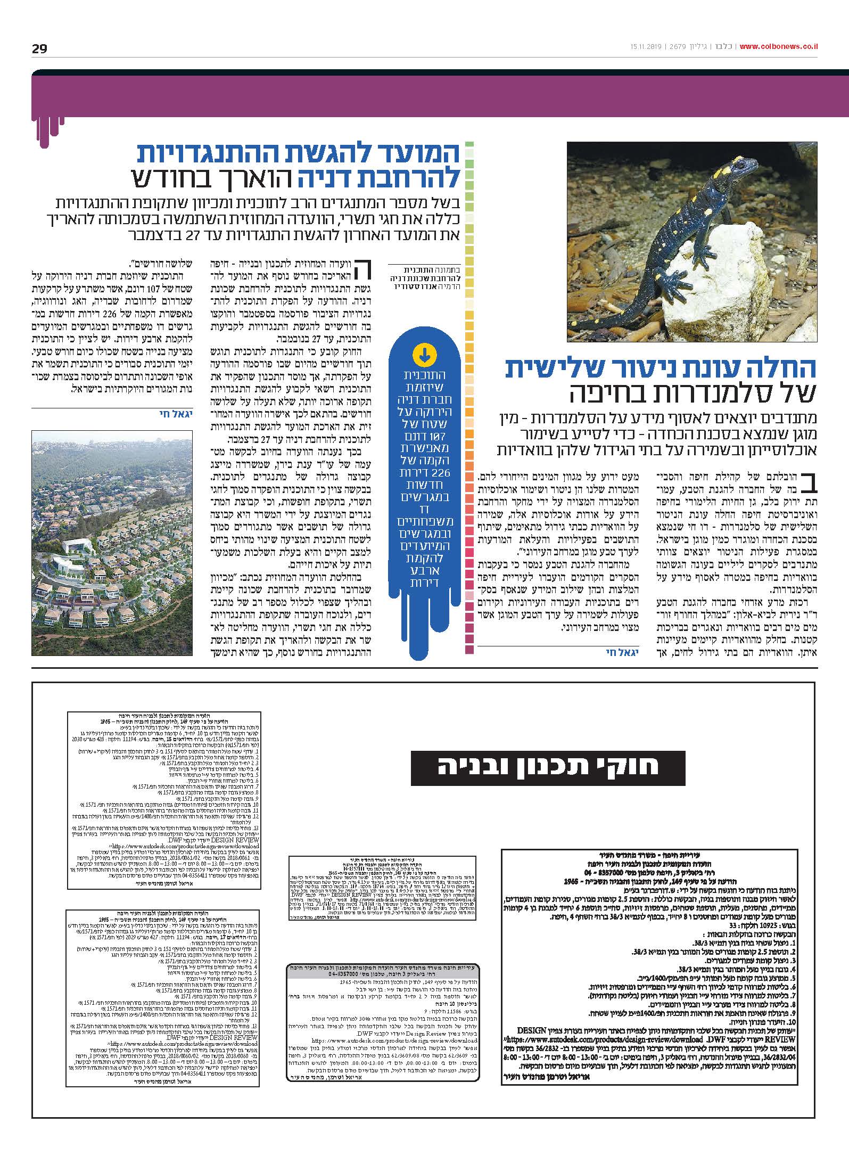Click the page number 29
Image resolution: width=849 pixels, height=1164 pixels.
point(39,49)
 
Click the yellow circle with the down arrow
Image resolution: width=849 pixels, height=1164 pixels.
point(424,354)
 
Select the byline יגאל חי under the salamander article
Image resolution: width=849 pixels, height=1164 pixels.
point(621,652)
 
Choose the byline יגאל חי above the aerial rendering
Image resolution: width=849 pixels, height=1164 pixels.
point(171,413)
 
